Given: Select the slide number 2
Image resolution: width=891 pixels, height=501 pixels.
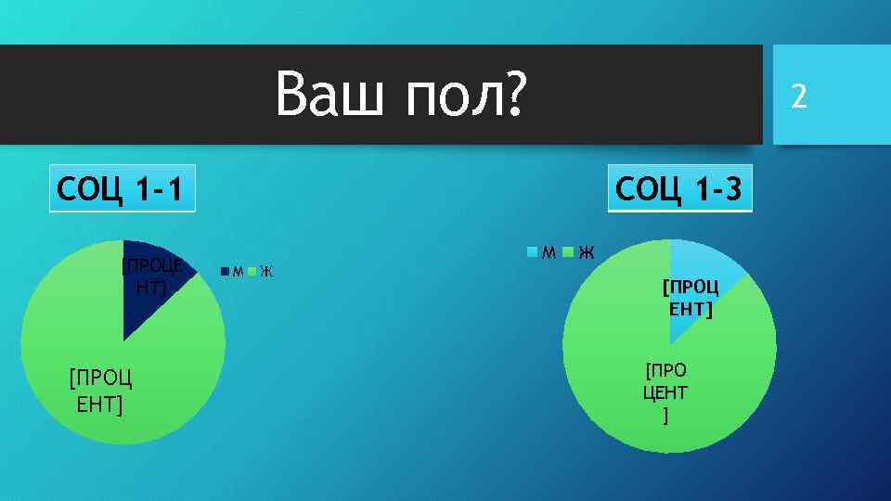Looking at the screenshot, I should pos(798,95).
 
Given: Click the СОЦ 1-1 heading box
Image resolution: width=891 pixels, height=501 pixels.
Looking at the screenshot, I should pos(123,190).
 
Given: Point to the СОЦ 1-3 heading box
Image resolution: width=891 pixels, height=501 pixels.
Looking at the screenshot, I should pos(679,190).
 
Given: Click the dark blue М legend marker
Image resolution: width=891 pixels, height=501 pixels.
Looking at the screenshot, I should pos(226,272).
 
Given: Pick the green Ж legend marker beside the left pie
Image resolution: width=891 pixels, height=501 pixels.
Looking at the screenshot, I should pos(252,272).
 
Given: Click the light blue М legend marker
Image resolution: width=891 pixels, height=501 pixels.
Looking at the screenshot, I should pos(533,251).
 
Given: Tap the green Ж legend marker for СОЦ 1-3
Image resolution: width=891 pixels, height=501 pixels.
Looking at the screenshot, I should pos(568,251).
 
